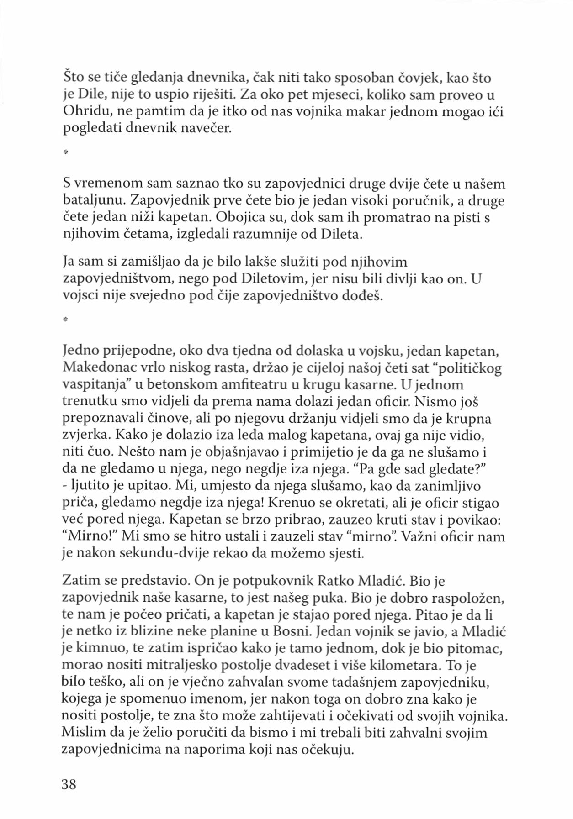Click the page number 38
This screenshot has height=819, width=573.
coord(69,784)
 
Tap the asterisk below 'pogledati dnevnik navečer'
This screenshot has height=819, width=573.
coord(65,152)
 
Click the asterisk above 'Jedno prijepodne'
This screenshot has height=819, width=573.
coord(65,320)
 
